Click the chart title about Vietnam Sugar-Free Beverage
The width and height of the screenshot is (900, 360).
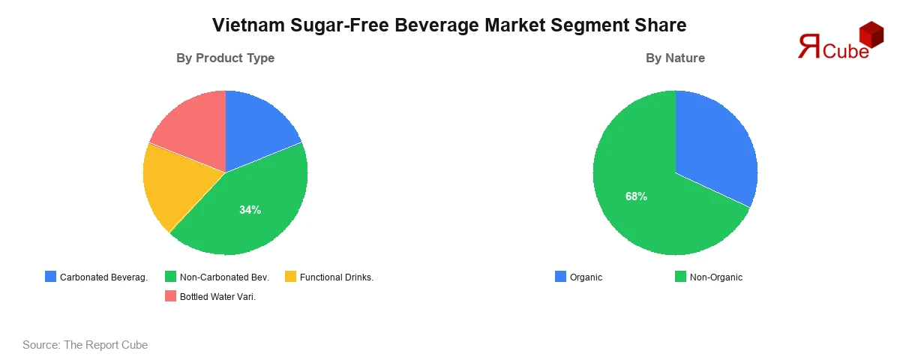449,25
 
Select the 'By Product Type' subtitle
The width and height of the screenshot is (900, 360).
225,58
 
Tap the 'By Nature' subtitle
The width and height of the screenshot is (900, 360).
675,58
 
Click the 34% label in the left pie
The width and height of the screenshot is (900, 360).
250,210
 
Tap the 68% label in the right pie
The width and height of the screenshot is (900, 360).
636,196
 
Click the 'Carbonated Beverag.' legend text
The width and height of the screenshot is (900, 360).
103,277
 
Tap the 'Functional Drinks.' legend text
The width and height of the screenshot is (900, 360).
336,277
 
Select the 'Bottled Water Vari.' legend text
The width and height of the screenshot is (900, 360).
217,296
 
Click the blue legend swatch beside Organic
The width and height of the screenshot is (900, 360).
560,277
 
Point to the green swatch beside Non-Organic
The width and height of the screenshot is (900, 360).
680,277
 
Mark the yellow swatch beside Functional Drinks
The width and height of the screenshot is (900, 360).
290,277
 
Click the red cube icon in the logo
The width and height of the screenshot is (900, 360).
871,34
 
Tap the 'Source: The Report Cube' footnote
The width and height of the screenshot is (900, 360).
85,345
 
